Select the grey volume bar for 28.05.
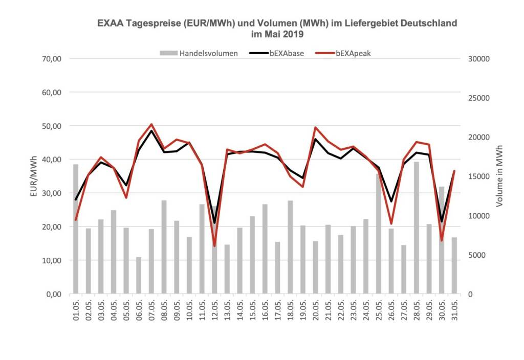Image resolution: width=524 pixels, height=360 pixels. (x=417, y=230)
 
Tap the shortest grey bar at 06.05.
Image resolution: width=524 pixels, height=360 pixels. (x=139, y=276)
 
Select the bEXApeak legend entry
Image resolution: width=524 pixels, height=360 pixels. (x=353, y=53)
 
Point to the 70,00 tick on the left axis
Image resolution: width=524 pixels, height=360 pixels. (x=51, y=59)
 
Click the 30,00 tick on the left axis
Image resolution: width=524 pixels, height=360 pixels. (x=51, y=193)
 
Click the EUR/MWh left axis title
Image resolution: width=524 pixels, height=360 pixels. (x=33, y=176)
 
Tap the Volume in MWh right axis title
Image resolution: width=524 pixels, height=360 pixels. (x=499, y=176)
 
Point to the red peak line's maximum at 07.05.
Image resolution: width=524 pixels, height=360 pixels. (x=151, y=124)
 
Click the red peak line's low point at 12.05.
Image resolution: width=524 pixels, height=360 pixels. (x=214, y=246)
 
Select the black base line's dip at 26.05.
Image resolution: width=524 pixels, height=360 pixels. (x=391, y=201)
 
